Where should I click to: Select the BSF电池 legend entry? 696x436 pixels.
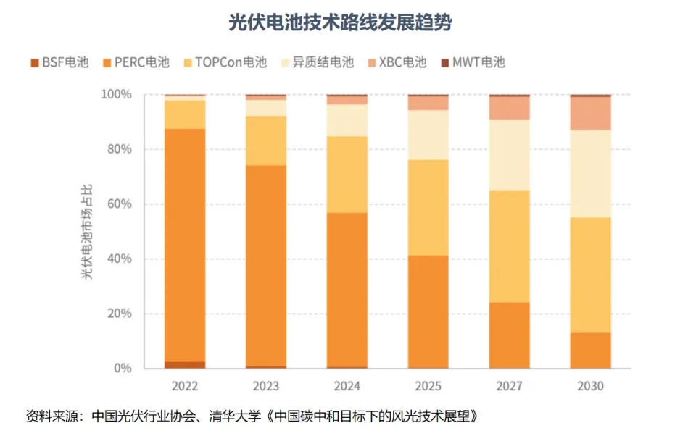tap(59, 62)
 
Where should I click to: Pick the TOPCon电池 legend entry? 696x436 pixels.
tap(225, 62)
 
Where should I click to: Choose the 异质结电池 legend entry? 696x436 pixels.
tap(316, 62)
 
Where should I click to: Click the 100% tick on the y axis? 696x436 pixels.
tap(116, 95)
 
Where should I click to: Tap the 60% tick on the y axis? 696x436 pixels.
tap(119, 204)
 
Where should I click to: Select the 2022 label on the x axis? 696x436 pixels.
tap(185, 386)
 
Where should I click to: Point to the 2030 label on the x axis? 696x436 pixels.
tap(589, 386)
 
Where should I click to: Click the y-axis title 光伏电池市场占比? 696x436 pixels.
tap(86, 231)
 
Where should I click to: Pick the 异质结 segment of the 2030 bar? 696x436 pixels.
tap(589, 173)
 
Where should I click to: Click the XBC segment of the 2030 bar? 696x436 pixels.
tap(589, 113)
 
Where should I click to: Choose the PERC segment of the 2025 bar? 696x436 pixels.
tap(427, 311)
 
